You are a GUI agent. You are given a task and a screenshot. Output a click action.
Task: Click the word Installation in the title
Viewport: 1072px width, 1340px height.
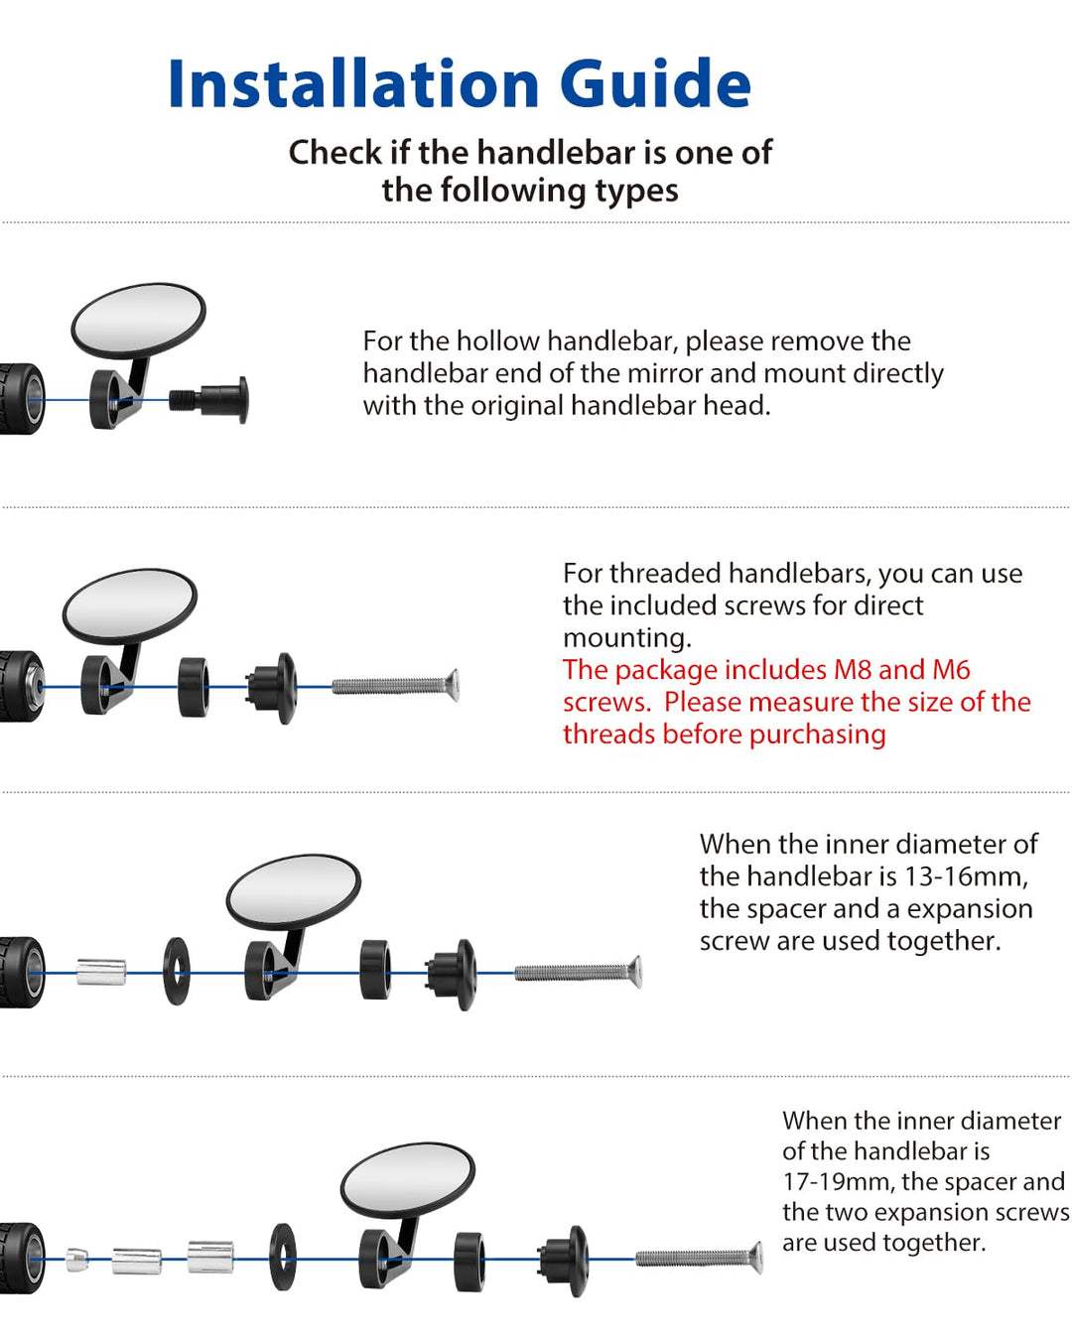coord(352,83)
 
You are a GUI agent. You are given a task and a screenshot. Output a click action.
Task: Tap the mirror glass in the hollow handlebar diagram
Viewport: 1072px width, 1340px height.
coord(138,321)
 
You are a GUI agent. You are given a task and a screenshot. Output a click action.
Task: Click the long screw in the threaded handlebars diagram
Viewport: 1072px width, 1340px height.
coord(395,686)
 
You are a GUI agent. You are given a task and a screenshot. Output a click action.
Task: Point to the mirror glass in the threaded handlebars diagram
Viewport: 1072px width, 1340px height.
coord(130,605)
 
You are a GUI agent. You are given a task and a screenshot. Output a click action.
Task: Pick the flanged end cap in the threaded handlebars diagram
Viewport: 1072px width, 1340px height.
coord(272,688)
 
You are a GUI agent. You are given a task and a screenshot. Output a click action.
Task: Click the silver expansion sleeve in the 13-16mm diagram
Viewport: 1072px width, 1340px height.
coord(101,972)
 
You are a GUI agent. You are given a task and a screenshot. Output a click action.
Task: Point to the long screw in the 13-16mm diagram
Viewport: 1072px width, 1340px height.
coord(578,972)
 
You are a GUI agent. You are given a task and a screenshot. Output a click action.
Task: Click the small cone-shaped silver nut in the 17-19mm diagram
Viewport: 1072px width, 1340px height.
coord(76,1259)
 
